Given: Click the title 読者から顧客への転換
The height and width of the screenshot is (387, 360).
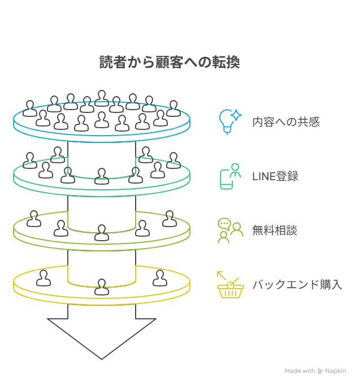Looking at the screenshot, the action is point(170,62).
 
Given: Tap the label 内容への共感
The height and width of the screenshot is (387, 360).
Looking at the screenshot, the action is point(286,122).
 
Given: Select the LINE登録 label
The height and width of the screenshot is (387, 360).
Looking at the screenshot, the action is point(275,176).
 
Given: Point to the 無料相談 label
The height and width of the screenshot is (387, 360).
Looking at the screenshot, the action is point(275,231).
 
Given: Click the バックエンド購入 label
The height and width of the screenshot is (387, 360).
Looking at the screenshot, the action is point(297,285).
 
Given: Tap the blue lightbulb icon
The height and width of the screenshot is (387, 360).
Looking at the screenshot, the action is point(226,121).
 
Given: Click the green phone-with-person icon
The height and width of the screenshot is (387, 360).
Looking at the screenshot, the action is point(230,176).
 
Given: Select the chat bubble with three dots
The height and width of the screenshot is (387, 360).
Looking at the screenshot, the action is point(224,224).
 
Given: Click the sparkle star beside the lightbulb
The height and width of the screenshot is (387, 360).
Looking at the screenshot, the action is point(236,115).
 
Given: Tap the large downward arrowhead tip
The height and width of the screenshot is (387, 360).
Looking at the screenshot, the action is point(102,359).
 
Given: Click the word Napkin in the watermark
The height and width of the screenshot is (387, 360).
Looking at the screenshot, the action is point(335,371).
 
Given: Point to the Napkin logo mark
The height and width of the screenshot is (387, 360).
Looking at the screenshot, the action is point(320,371).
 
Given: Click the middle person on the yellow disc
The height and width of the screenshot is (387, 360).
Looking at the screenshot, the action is point(102,287).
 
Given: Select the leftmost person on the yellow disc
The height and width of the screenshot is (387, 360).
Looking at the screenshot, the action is point(44,278).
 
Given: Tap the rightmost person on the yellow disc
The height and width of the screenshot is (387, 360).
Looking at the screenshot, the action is point(160,278).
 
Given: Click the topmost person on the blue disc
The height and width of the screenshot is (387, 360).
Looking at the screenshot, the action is point(102,98).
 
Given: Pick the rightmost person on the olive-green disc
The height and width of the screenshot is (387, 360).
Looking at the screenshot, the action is point(170,219).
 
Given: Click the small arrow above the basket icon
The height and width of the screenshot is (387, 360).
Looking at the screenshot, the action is point(222,276).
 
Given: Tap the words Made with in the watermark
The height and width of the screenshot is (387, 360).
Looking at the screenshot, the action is point(300,371).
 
